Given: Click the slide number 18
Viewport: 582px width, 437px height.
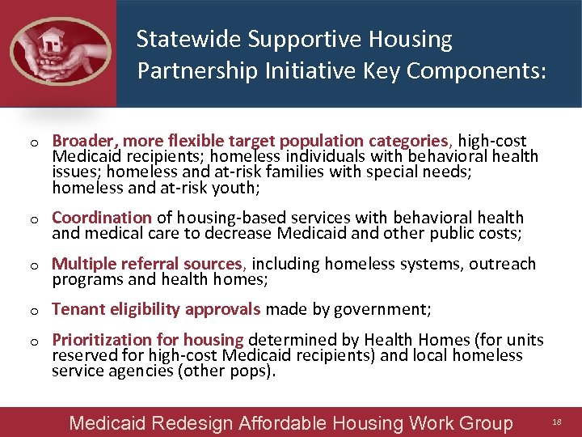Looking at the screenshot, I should click(556, 422).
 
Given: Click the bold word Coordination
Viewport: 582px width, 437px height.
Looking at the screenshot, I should click(102, 218).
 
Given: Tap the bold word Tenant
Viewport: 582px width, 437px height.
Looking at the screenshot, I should click(75, 309).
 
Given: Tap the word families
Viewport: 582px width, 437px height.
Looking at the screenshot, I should click(264, 172).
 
